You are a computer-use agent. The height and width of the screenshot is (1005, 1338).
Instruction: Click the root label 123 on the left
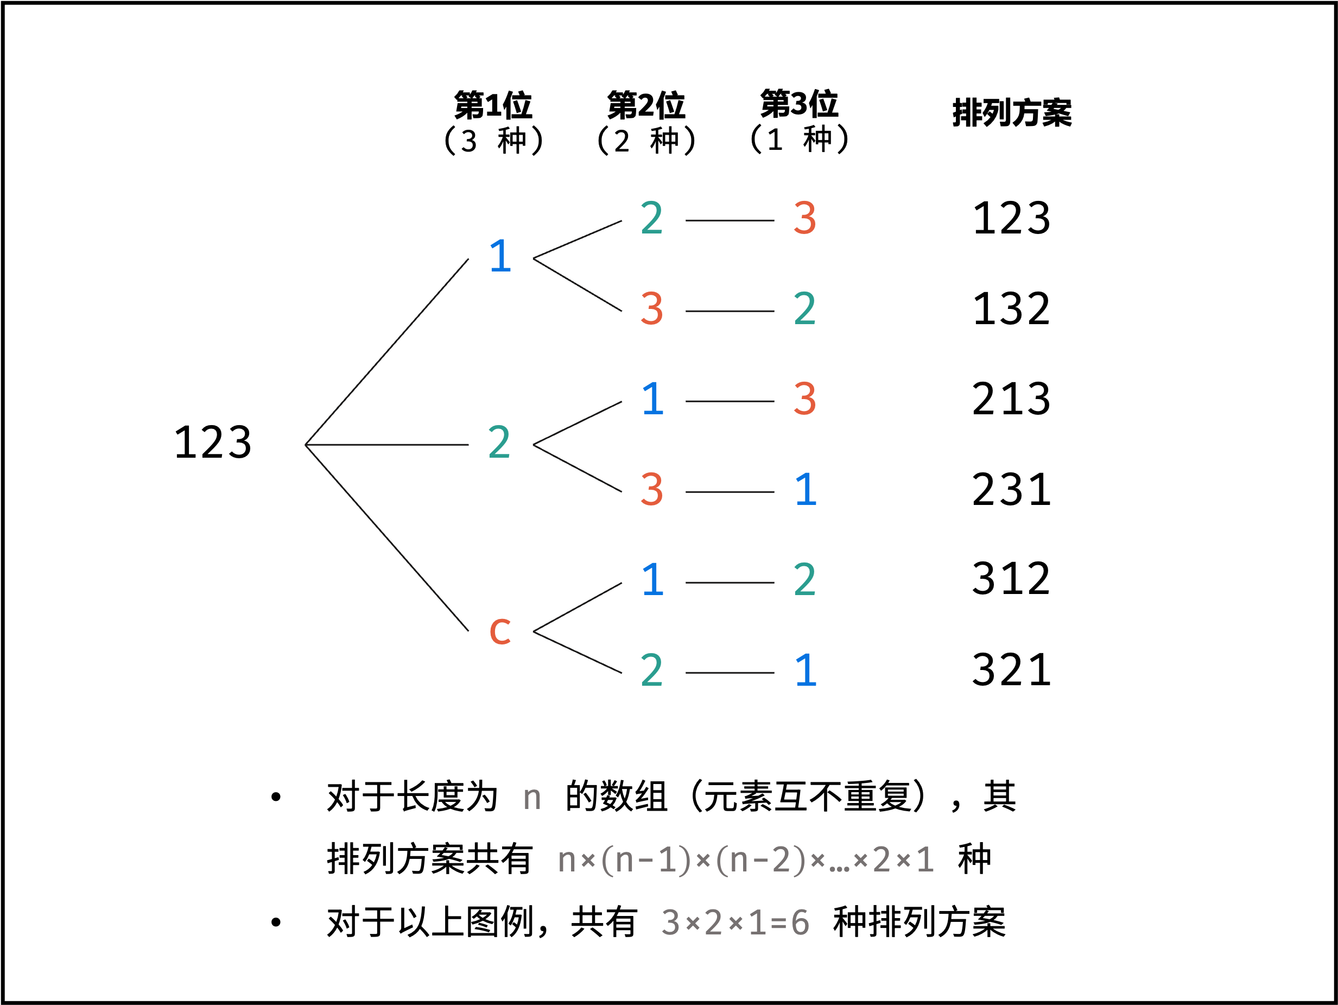coord(212,443)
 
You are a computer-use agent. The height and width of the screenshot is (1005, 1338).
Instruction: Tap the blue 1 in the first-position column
coord(500,257)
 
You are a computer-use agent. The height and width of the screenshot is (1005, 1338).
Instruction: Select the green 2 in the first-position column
coord(499,443)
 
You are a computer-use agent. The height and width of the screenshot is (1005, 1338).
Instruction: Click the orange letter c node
coord(500,630)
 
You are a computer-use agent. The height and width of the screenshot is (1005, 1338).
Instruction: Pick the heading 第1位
coord(493,106)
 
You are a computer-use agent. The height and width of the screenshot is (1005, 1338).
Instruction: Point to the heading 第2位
coord(646,106)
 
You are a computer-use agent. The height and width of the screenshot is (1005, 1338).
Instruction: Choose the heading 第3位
coord(799,104)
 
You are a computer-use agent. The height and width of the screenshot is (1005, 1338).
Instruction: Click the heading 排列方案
coord(1011,113)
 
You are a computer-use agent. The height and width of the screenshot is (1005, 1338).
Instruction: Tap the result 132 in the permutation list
coord(1011,309)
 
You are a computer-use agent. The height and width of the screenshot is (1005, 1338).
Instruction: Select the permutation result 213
coord(1011,399)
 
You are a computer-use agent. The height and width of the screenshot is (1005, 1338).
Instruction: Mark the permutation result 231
coord(1011,490)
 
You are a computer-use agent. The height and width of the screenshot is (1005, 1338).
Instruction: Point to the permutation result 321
coord(1011,670)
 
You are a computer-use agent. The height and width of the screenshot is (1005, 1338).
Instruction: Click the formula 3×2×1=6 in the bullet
coord(735,922)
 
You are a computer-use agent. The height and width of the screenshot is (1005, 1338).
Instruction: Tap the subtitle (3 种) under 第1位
coord(493,141)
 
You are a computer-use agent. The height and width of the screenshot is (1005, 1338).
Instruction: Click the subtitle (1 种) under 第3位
coord(799,139)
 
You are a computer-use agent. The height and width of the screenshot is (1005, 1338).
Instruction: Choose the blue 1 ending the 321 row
coord(806,671)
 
